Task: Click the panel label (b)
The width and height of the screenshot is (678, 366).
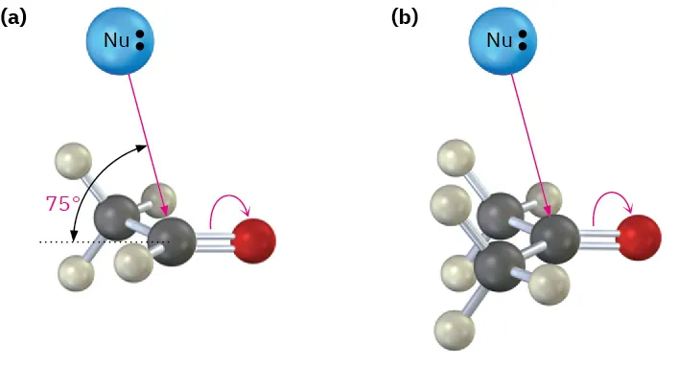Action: pyautogui.click(x=405, y=16)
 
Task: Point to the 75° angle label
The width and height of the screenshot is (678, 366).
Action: pyautogui.click(x=63, y=203)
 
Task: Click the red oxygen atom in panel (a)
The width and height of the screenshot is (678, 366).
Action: pyautogui.click(x=253, y=240)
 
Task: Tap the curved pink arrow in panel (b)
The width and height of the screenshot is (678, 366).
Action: pyautogui.click(x=615, y=199)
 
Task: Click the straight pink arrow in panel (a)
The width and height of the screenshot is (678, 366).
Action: pyautogui.click(x=147, y=144)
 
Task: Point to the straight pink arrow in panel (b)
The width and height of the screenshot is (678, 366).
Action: pyautogui.click(x=529, y=144)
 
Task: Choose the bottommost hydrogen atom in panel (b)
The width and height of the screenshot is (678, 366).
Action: pyautogui.click(x=454, y=331)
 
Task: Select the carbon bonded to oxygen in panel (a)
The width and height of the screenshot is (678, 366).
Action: pyautogui.click(x=173, y=240)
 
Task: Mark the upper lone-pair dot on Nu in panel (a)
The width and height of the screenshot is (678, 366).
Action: pyautogui.click(x=140, y=34)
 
